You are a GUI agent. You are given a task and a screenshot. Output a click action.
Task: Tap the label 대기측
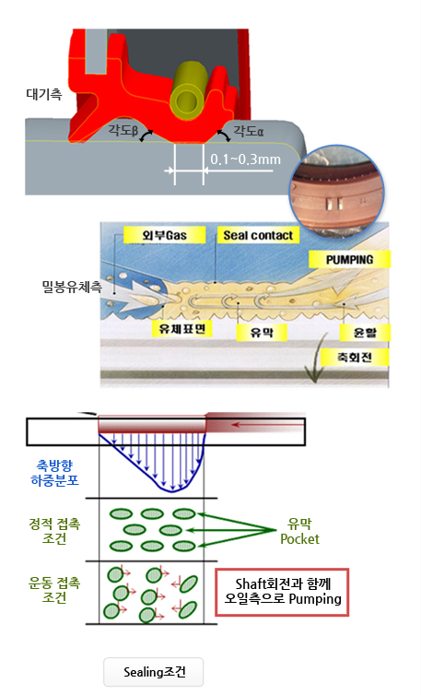44,94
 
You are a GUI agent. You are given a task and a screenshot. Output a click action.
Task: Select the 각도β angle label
123,130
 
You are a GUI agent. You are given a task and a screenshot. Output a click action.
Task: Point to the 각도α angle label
249,131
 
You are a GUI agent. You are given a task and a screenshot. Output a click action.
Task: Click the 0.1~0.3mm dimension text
246,159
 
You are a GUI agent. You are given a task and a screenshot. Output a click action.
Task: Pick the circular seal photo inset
336,192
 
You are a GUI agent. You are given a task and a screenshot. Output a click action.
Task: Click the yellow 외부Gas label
164,235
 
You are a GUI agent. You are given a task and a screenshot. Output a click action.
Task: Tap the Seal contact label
258,235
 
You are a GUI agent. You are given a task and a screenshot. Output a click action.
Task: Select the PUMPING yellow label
350,259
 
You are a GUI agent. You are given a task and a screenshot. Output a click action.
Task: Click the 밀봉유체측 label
72,288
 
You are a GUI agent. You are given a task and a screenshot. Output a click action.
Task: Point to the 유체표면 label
181,328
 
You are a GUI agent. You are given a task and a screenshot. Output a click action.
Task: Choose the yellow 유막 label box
262,332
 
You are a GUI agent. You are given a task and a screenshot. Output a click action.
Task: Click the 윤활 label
365,333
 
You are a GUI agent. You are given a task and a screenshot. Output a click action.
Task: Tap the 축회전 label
354,357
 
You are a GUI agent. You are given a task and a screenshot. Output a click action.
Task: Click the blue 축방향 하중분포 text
54,473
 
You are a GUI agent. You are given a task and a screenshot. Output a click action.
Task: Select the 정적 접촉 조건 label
54,531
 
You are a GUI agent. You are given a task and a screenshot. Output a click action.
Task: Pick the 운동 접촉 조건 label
54,590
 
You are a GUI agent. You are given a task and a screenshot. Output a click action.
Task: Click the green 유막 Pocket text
299,532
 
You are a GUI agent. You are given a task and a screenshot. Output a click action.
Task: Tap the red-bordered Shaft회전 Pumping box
282,592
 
